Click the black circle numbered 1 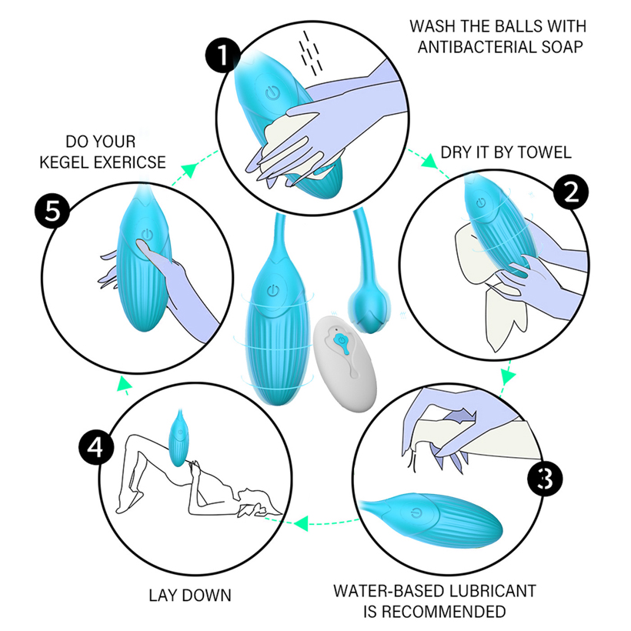click(222, 55)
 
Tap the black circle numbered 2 click(571, 192)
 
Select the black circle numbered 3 click(545, 478)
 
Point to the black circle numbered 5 click(52, 211)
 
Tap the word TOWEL click(544, 152)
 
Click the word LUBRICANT click(492, 591)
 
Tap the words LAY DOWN click(190, 596)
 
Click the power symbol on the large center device click(273, 290)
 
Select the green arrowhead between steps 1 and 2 click(430, 162)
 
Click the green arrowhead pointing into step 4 click(301, 523)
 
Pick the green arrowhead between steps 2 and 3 click(508, 376)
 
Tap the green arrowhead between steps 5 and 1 click(189, 169)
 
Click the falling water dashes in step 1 click(310, 53)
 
